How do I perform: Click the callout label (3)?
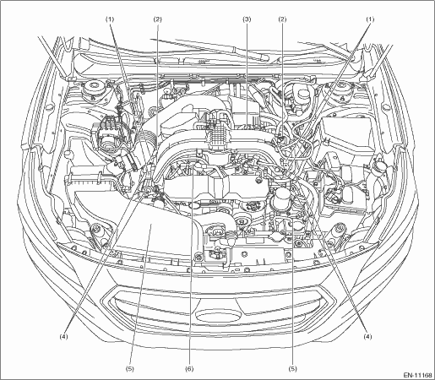click(247, 19)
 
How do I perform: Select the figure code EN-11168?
click(418, 375)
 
